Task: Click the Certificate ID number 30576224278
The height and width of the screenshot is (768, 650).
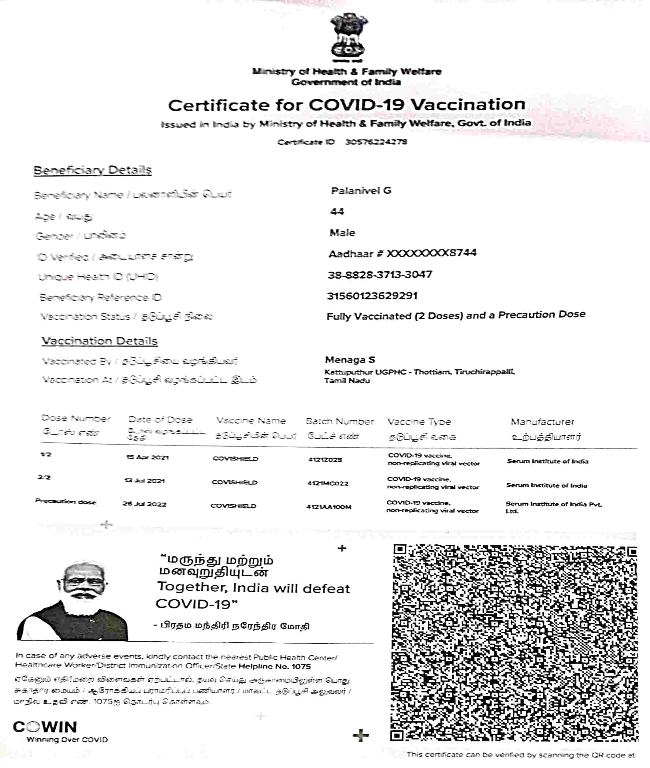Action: click(x=376, y=142)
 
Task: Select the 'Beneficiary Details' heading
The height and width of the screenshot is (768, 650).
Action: click(x=93, y=170)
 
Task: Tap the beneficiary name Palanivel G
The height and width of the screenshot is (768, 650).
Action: click(x=361, y=191)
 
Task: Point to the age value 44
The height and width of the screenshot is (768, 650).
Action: click(x=337, y=212)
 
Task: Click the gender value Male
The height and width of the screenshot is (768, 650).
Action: click(x=342, y=233)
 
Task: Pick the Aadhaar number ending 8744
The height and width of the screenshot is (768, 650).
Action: click(x=402, y=253)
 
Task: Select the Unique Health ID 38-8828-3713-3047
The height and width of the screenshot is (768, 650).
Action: click(x=380, y=275)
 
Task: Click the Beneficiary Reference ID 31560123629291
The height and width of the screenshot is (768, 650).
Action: click(x=372, y=296)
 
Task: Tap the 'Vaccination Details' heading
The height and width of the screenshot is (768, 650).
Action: click(x=100, y=341)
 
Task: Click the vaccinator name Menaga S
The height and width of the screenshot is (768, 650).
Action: click(x=350, y=360)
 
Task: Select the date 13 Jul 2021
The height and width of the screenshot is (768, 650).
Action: click(x=145, y=481)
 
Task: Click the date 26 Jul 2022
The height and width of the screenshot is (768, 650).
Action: click(x=144, y=504)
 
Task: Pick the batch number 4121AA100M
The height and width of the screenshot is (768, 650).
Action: click(x=329, y=507)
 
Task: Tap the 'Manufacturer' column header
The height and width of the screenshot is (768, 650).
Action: click(x=542, y=422)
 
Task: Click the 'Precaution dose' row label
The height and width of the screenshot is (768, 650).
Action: click(x=66, y=502)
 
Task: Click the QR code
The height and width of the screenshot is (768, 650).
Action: click(x=515, y=643)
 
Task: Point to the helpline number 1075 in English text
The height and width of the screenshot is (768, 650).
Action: click(x=301, y=667)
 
